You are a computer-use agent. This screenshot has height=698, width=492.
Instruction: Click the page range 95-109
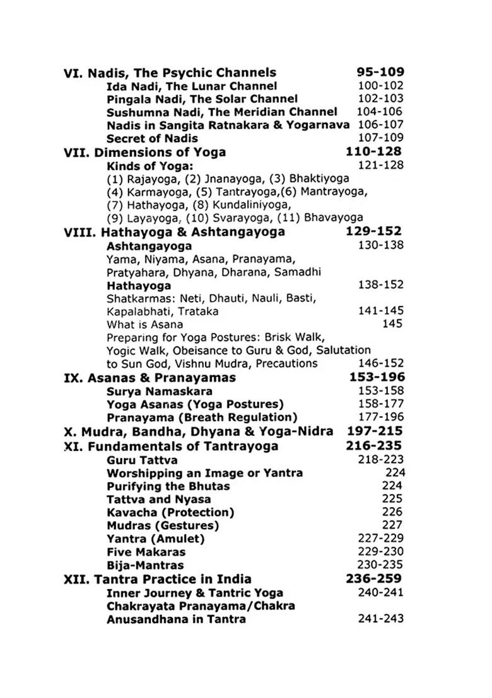point(380,72)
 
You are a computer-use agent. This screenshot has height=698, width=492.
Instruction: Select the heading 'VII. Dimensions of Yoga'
point(144,152)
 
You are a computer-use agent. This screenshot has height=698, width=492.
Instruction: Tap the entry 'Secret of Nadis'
point(152,138)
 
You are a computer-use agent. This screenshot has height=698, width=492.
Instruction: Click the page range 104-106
point(380,112)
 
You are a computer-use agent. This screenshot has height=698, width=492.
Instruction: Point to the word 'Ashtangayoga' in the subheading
point(149,246)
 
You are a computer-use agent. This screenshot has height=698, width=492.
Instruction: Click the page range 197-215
point(375,432)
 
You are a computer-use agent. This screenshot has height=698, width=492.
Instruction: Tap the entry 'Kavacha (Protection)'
point(170,513)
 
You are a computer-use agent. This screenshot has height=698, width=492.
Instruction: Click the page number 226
point(392,513)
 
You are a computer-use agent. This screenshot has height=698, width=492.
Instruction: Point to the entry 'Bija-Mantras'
point(145,565)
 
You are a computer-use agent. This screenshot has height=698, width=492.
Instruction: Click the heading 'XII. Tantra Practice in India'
point(158,579)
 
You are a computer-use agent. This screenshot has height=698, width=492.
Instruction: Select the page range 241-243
point(380,619)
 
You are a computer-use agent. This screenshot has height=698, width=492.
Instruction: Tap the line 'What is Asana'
point(141,324)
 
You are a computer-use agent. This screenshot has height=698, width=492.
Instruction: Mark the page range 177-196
point(380,417)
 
